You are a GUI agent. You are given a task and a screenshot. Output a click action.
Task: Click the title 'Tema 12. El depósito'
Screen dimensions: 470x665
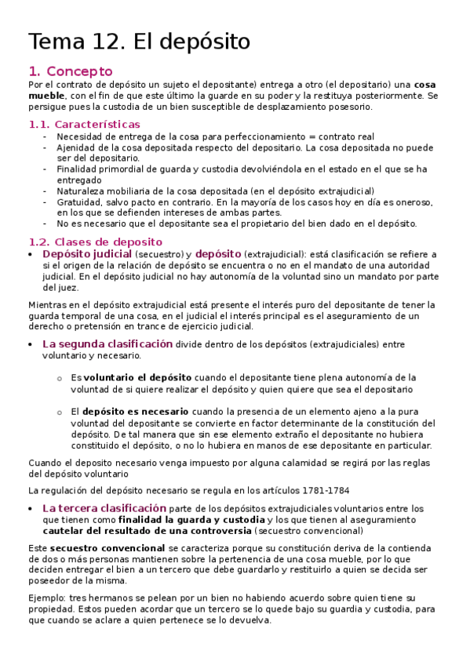[x=139, y=41]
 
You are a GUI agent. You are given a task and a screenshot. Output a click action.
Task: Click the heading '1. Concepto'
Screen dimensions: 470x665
[x=70, y=71]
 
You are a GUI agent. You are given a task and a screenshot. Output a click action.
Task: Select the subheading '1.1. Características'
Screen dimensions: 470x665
[x=84, y=124]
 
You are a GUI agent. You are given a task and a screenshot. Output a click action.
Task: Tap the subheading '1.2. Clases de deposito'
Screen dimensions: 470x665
[x=95, y=242]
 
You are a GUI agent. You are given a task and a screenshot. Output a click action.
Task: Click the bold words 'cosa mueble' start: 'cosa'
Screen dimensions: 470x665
[x=424, y=85]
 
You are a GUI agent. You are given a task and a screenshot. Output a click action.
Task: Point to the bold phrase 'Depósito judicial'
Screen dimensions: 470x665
[x=86, y=254]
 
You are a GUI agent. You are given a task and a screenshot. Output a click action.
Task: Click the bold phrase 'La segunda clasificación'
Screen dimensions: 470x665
[x=107, y=343]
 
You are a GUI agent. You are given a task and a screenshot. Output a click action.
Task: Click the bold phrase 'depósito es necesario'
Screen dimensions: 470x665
[x=135, y=411]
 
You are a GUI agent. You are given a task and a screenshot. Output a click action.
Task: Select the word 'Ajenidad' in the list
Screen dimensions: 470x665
[x=76, y=147]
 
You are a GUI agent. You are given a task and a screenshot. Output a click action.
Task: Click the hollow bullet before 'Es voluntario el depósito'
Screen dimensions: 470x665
[x=60, y=378]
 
